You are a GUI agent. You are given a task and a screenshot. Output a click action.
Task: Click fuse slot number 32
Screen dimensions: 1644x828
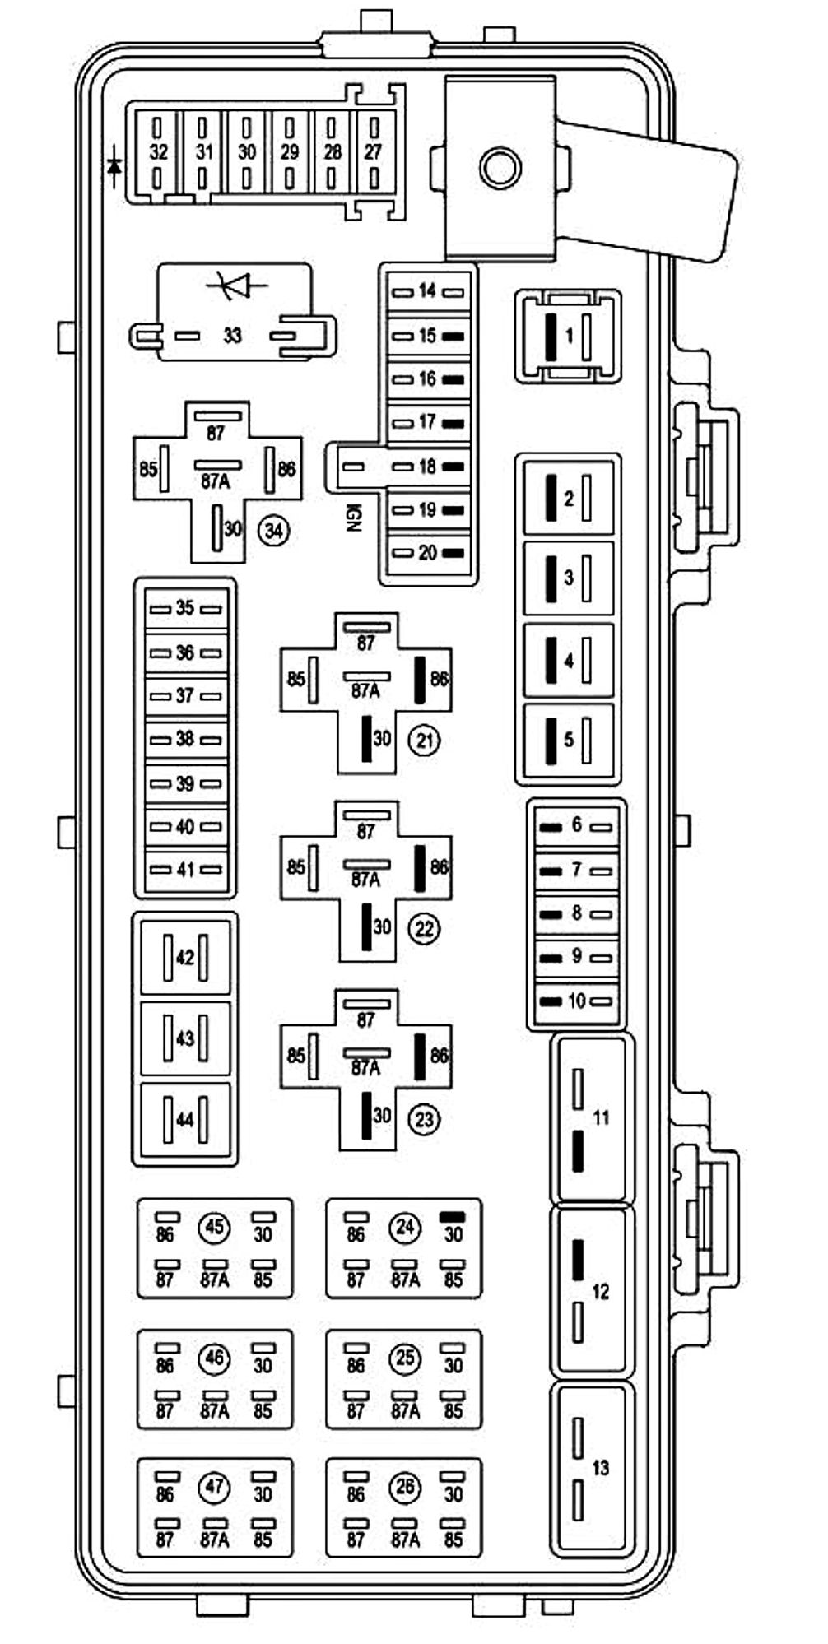pyautogui.click(x=158, y=152)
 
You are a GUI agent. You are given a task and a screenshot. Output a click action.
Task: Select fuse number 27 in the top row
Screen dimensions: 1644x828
pyautogui.click(x=374, y=152)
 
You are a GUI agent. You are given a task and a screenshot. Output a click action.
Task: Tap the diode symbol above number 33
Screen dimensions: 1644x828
pyautogui.click(x=239, y=285)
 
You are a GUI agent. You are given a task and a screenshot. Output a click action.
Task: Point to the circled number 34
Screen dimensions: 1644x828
pyautogui.click(x=274, y=531)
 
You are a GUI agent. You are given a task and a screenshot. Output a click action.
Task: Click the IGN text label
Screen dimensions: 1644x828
pyautogui.click(x=354, y=517)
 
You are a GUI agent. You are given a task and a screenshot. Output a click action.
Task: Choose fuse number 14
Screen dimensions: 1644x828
pyautogui.click(x=427, y=290)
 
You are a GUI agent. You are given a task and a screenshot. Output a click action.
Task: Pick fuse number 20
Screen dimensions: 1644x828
pyautogui.click(x=427, y=553)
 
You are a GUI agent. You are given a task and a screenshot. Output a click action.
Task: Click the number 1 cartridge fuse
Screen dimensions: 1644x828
pyautogui.click(x=568, y=336)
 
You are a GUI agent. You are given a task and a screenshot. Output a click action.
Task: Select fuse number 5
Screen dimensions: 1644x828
pyautogui.click(x=568, y=739)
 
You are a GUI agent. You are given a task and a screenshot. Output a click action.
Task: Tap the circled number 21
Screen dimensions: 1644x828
pyautogui.click(x=424, y=740)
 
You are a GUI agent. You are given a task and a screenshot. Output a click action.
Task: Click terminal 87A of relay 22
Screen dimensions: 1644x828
pyautogui.click(x=365, y=879)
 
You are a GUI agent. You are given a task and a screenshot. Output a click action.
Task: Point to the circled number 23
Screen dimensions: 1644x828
pyautogui.click(x=424, y=1119)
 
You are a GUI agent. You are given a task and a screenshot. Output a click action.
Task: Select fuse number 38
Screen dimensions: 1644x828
pyautogui.click(x=185, y=739)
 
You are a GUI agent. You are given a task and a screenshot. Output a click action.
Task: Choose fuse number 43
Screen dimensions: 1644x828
pyautogui.click(x=185, y=1038)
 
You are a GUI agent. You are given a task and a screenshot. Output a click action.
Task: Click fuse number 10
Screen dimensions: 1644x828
pyautogui.click(x=576, y=1001)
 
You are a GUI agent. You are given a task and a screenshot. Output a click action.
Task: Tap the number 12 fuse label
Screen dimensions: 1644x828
pyautogui.click(x=601, y=1291)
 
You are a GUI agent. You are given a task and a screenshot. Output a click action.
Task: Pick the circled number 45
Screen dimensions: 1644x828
pyautogui.click(x=214, y=1228)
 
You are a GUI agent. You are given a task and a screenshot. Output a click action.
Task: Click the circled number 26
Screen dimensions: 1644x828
pyautogui.click(x=405, y=1487)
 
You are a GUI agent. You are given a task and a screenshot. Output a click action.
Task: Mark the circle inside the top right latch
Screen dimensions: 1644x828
pyautogui.click(x=500, y=168)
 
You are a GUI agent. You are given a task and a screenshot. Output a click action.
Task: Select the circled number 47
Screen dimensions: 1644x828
pyautogui.click(x=214, y=1487)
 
